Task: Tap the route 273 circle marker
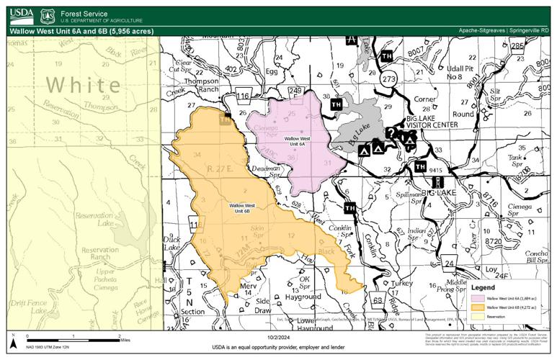pyautogui.click(x=390, y=80)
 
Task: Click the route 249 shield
pyautogui.click(x=295, y=91)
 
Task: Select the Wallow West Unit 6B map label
pyautogui.click(x=244, y=209)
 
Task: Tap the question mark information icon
pyautogui.click(x=390, y=132)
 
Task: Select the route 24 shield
pyautogui.click(x=449, y=264)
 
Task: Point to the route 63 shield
pyautogui.click(x=377, y=300)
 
